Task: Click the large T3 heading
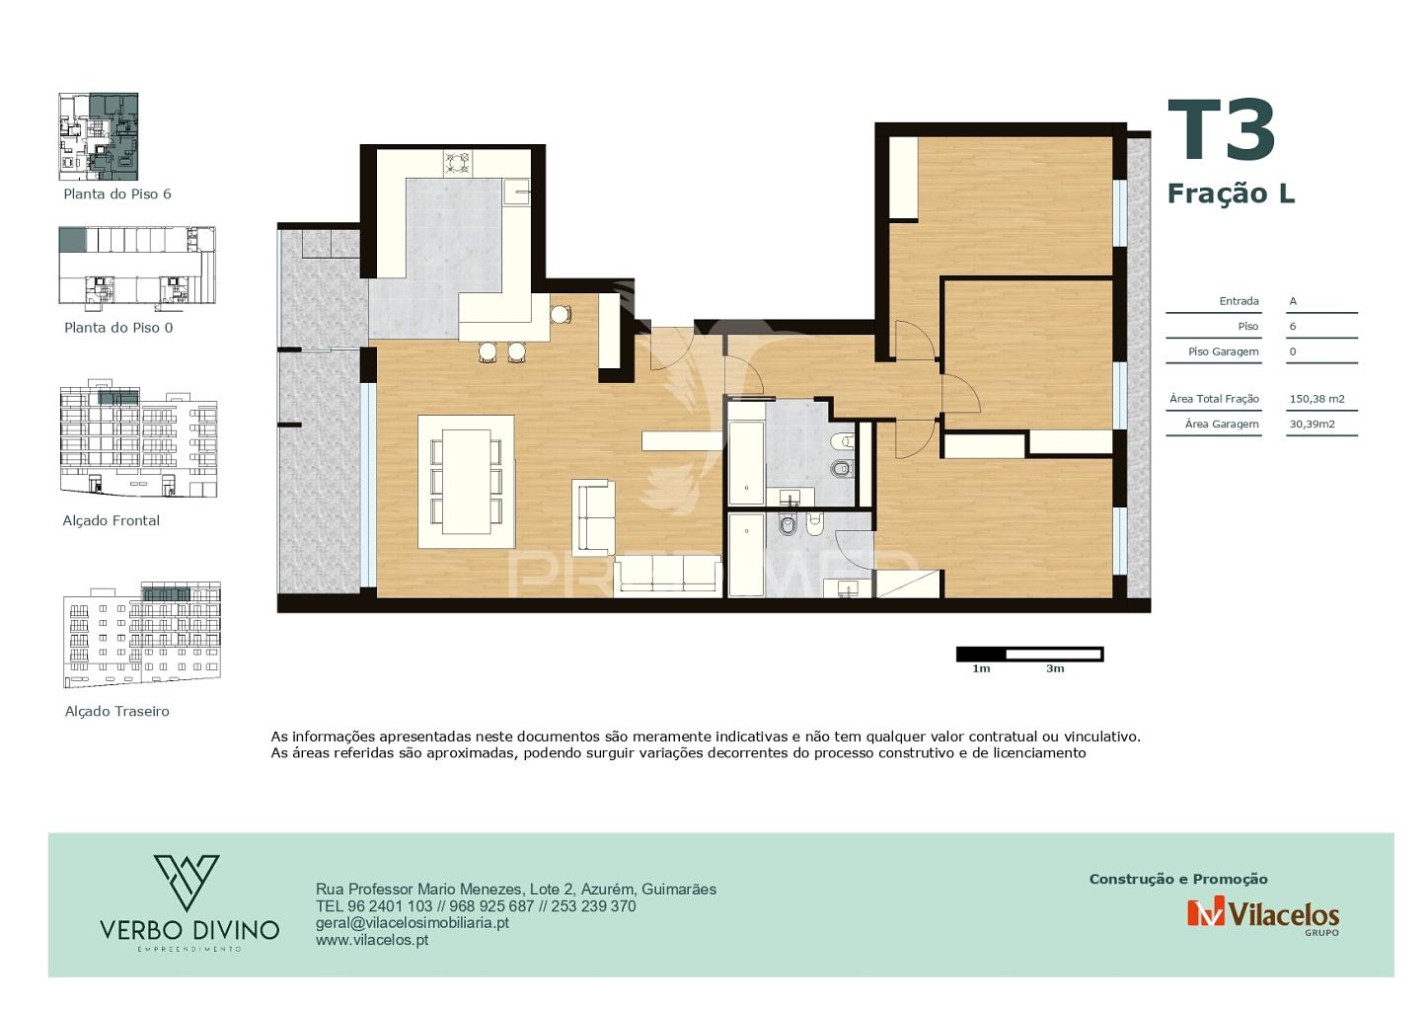click(1221, 130)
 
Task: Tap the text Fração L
click(1231, 194)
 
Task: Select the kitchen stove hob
click(458, 163)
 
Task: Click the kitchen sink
click(516, 191)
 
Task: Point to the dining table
click(466, 482)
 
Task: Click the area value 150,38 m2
click(1316, 399)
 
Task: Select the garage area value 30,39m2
click(1312, 425)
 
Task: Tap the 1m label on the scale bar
click(981, 669)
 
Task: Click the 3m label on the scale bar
click(1055, 669)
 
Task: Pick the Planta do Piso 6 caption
click(117, 194)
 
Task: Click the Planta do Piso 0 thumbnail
click(137, 266)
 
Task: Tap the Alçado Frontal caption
click(111, 521)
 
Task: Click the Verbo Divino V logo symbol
click(187, 883)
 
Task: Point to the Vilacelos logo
click(1263, 915)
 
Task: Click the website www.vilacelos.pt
click(372, 940)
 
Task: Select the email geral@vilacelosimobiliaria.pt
click(412, 923)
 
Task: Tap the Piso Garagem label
click(1224, 352)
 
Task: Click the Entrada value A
click(1293, 301)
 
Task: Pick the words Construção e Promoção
click(1178, 880)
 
